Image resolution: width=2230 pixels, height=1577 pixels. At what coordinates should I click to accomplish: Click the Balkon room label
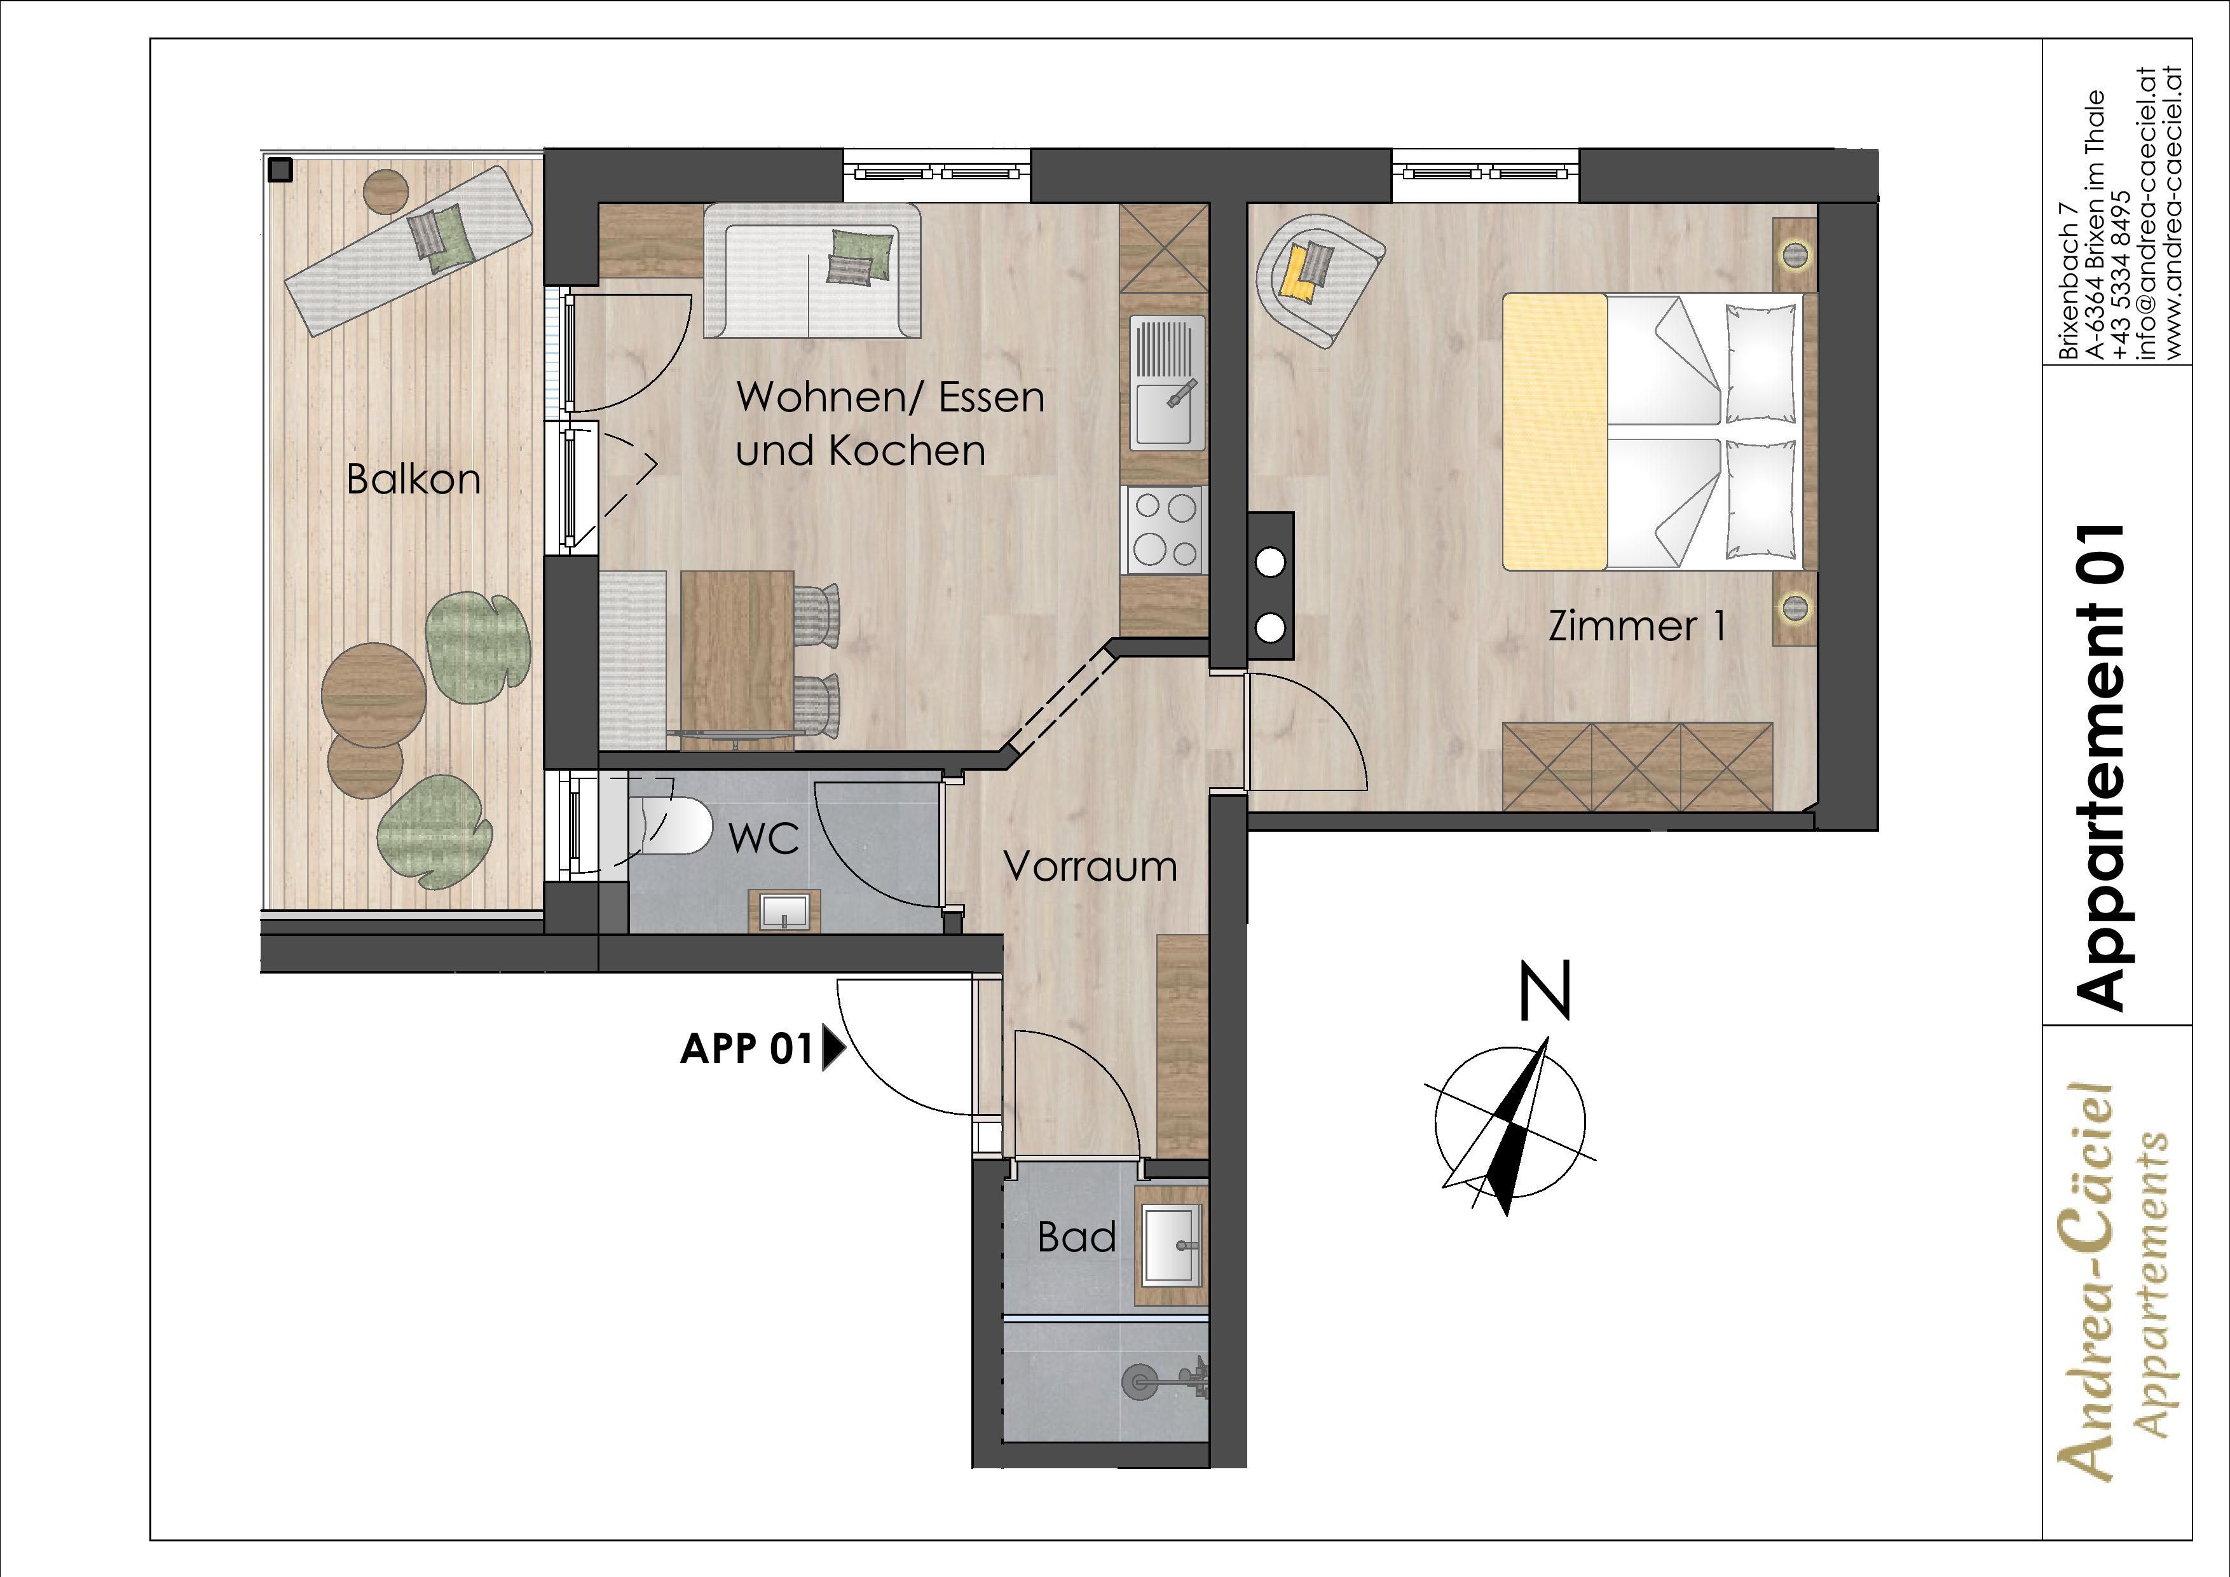click(x=414, y=480)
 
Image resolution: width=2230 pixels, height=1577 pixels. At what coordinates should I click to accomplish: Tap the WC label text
click(x=763, y=837)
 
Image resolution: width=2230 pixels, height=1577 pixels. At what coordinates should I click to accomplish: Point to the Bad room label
click(x=1076, y=1237)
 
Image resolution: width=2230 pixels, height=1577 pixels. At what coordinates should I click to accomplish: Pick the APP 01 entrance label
click(x=746, y=1049)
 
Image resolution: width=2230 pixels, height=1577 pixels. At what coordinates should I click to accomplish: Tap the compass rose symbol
click(x=1511, y=1123)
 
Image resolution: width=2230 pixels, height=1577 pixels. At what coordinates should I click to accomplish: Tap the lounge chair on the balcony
click(x=408, y=250)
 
